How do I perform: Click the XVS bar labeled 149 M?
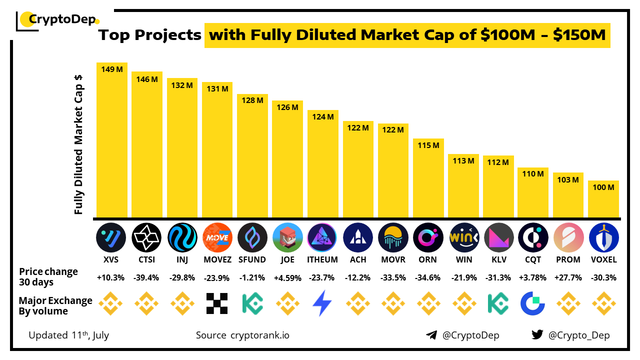(x=112, y=140)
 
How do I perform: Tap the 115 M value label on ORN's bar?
(x=428, y=145)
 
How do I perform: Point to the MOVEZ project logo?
(x=217, y=237)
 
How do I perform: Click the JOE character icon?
(x=287, y=237)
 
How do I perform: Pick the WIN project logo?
(x=463, y=237)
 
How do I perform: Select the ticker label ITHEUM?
(x=323, y=259)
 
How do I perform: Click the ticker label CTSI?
(x=147, y=259)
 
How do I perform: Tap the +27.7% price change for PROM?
(x=568, y=277)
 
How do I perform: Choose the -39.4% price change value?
(x=147, y=277)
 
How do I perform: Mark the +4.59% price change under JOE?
(x=287, y=277)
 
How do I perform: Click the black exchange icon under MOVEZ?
(x=217, y=303)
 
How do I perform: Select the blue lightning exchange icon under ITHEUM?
(x=322, y=303)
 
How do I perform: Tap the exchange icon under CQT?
(x=533, y=303)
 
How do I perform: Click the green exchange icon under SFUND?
(x=252, y=303)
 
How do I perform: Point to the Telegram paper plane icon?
(x=431, y=335)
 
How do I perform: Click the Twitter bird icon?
(x=537, y=335)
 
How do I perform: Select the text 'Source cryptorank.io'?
(x=242, y=335)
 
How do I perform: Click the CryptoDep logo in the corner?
(x=57, y=20)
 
